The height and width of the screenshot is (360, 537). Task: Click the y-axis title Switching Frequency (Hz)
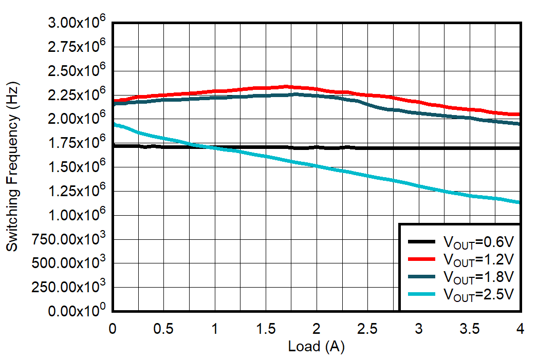click(x=12, y=166)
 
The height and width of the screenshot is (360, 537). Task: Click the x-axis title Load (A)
click(x=316, y=347)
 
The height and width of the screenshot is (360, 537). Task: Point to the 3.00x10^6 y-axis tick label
click(x=77, y=23)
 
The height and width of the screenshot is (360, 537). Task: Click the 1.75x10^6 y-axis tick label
click(x=77, y=143)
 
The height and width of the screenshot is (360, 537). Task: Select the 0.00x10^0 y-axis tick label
click(x=77, y=311)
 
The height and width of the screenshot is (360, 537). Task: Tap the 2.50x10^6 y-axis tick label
click(x=77, y=71)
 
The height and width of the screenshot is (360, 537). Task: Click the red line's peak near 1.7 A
click(x=285, y=86)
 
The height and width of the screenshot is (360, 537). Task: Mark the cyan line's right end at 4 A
click(x=520, y=202)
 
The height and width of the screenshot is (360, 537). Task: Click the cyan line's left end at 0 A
click(x=114, y=124)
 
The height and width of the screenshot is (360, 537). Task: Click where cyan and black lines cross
click(x=203, y=147)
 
